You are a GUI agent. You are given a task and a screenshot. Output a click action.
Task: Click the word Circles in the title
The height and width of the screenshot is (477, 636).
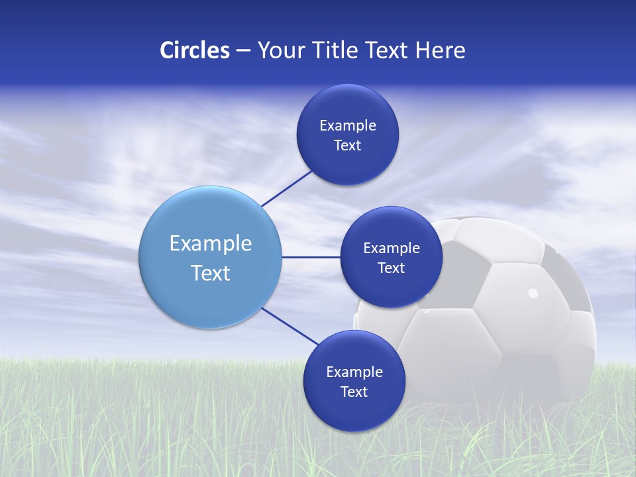[194, 50]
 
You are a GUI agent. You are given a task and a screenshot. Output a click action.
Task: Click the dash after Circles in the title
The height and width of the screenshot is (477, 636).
[242, 51]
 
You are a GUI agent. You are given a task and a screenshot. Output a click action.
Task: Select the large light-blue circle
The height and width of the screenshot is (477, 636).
[211, 257]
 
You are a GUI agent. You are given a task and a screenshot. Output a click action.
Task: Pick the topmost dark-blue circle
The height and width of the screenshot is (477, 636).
[348, 134]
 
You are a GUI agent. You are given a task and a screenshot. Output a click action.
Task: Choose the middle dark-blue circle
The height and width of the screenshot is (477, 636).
[392, 257]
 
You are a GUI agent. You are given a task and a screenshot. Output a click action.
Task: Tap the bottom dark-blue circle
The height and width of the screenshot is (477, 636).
[354, 381]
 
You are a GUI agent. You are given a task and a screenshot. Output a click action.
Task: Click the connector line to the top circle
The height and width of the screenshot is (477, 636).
[286, 189]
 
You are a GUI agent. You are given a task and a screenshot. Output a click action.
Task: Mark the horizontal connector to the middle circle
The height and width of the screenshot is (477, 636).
[311, 257]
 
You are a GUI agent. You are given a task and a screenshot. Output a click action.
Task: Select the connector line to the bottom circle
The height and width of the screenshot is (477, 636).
[290, 327]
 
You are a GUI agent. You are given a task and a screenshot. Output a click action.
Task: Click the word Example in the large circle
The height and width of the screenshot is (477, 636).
[211, 243]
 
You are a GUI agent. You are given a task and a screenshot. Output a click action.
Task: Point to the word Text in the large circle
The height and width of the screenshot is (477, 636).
[211, 273]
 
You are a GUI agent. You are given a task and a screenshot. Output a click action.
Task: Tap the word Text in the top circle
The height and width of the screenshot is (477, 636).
[348, 146]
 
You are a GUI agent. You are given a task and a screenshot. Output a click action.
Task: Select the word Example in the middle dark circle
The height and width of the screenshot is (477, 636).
[392, 248]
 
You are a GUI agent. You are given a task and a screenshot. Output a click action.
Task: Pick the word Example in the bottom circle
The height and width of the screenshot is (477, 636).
[354, 372]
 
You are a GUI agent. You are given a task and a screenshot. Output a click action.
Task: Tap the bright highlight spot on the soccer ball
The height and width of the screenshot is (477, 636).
[533, 293]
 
